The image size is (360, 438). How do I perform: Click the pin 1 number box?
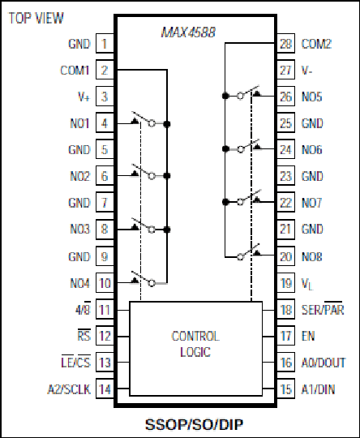[x=105, y=43]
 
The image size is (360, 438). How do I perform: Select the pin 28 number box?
[x=285, y=43]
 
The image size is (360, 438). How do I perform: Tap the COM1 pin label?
[x=75, y=70]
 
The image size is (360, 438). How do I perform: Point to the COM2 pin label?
[x=316, y=44]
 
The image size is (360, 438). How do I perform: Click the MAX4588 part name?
[x=188, y=32]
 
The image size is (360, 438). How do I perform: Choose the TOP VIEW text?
[x=36, y=18]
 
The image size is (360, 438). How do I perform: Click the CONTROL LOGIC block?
[x=195, y=349]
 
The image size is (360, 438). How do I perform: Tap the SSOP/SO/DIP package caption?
[x=194, y=424]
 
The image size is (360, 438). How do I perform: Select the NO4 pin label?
[x=80, y=283]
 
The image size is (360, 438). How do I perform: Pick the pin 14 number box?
[x=105, y=389]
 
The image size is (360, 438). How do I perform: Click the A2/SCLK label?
[x=69, y=389]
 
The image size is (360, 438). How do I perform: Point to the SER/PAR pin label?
[x=323, y=309]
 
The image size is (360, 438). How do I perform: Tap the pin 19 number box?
[x=285, y=283]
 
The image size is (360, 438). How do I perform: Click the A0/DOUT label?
[x=324, y=363]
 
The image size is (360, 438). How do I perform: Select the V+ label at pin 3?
[x=84, y=97]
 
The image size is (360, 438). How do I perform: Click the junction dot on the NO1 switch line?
[x=167, y=124]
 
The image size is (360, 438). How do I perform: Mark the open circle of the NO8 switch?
[x=240, y=257]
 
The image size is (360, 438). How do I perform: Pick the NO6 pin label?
[x=312, y=150]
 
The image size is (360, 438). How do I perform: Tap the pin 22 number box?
[x=285, y=202]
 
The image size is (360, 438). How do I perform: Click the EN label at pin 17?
[x=308, y=336]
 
